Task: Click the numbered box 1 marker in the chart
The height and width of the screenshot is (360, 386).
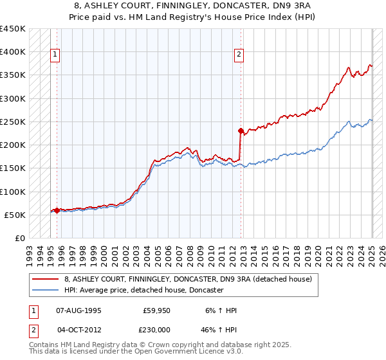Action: pos(56,55)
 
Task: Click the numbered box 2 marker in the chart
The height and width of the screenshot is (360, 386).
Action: pos(239,55)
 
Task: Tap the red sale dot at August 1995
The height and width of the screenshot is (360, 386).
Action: pos(57,210)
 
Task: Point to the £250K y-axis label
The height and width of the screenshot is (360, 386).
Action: pos(13,122)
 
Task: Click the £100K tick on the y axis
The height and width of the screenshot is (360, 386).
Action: pos(13,192)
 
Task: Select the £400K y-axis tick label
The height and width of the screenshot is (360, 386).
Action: pos(13,52)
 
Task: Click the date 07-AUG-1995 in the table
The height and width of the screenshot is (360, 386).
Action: pos(78,310)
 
